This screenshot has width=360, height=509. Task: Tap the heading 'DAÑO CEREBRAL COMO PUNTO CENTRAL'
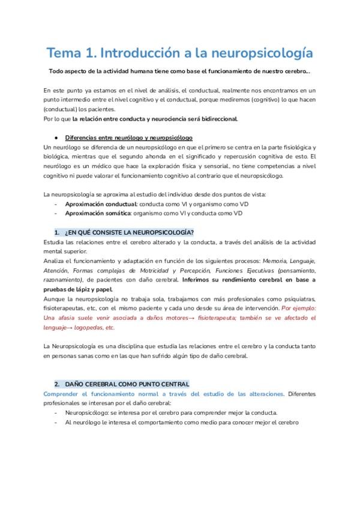[127, 384]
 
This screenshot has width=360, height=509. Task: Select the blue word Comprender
[64, 394]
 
